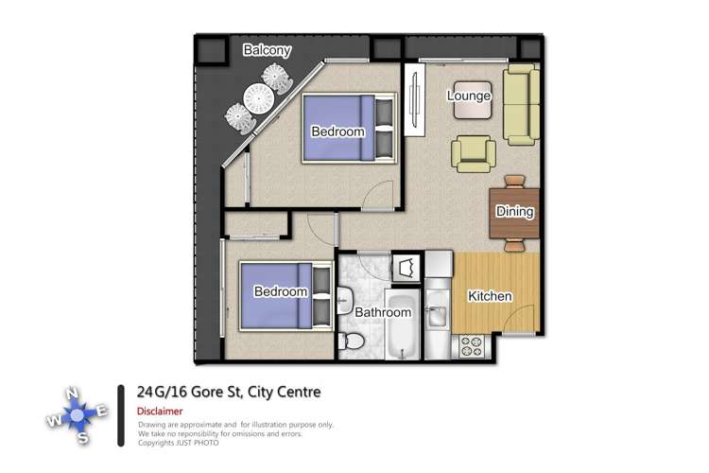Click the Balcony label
click(268, 50)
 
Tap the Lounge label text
click(469, 96)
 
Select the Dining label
click(515, 212)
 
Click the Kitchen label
click(490, 296)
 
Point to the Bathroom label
click(383, 312)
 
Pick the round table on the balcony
click(258, 97)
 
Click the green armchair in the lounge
click(473, 152)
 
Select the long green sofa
click(521, 104)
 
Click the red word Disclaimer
click(161, 412)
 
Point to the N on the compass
click(70, 394)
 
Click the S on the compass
click(84, 436)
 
